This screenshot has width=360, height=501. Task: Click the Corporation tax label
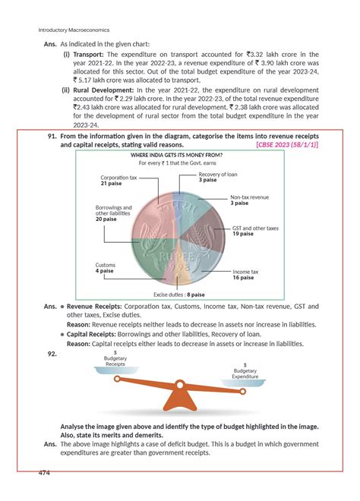tap(118, 177)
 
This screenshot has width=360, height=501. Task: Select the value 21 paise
tap(112, 184)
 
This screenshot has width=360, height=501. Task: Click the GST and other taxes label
tap(255, 228)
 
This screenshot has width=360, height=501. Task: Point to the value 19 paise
tap(243, 235)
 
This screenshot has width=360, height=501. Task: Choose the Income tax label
tap(245, 271)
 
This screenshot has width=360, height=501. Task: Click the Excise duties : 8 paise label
tap(179, 295)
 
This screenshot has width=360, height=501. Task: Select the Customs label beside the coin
tap(106, 264)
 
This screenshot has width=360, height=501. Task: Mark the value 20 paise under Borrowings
tap(106, 219)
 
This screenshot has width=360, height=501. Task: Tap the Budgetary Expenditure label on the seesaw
tap(245, 373)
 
